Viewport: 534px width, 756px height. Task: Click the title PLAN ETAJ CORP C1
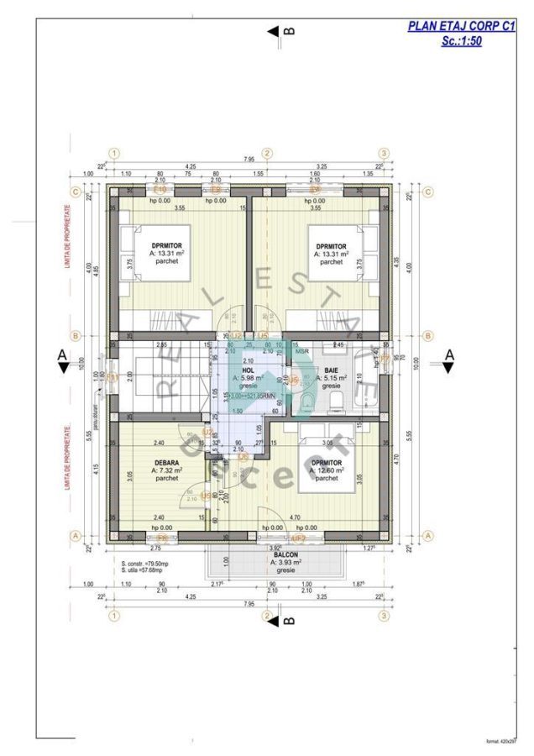[x=461, y=27]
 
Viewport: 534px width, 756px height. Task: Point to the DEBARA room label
[x=166, y=462]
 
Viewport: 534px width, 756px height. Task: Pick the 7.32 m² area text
[x=166, y=470]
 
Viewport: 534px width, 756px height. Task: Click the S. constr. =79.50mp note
[x=145, y=563]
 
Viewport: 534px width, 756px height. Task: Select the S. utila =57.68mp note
[x=144, y=571]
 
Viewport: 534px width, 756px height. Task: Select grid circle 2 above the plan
[x=267, y=153]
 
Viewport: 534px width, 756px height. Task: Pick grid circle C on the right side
[x=427, y=192]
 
